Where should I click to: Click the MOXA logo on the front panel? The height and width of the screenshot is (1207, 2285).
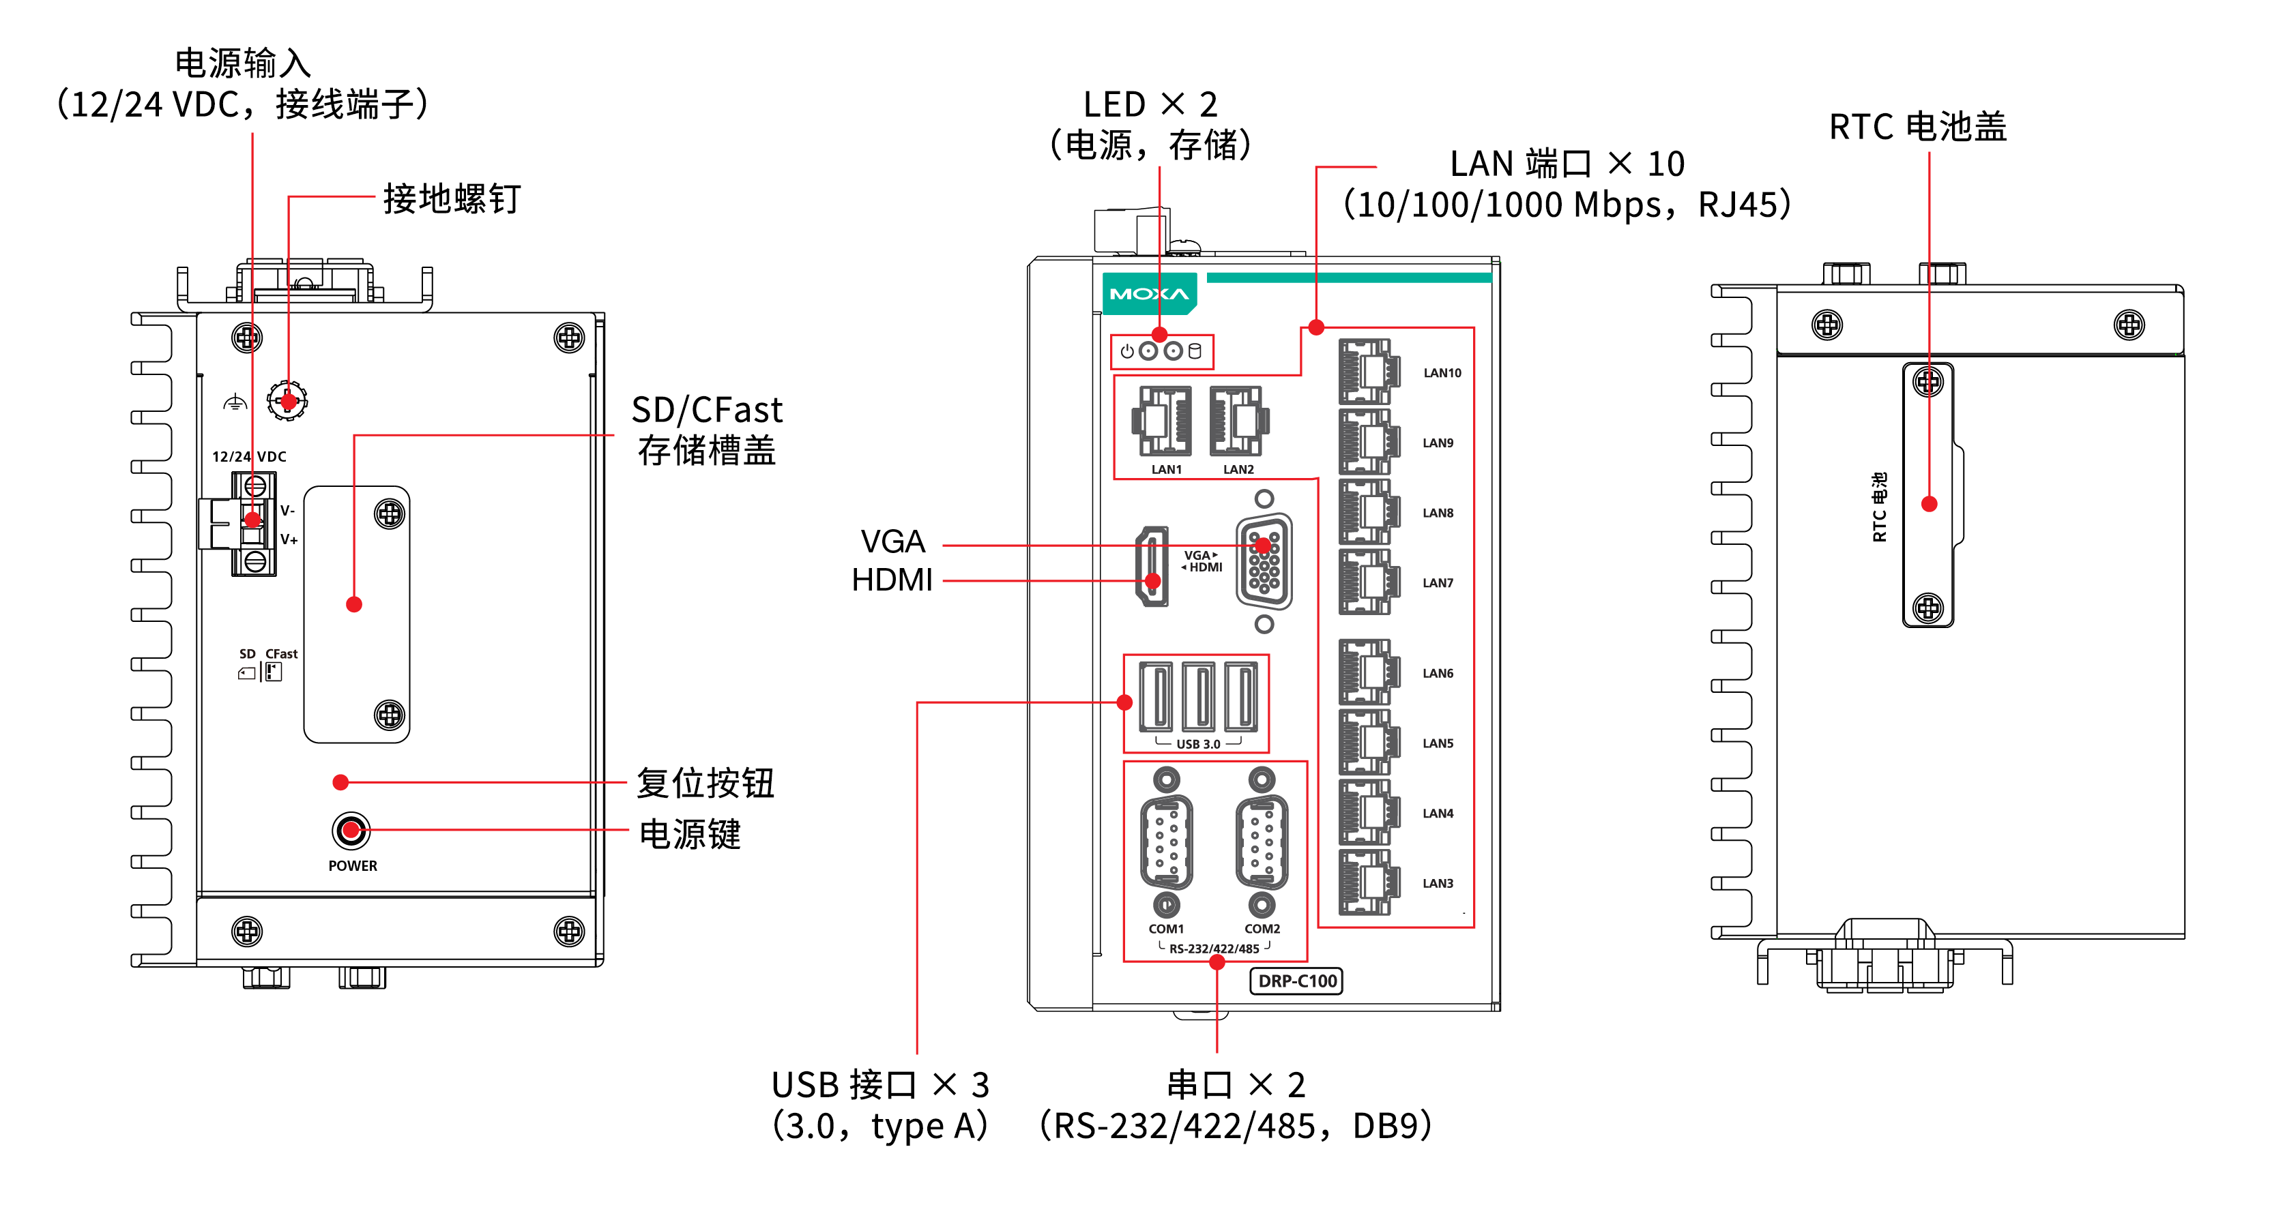(x=1149, y=293)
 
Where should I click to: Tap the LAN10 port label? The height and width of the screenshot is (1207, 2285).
(x=1442, y=372)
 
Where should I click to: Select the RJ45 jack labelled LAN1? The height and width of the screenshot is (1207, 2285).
(x=1161, y=421)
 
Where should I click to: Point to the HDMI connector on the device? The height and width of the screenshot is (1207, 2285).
(x=1152, y=567)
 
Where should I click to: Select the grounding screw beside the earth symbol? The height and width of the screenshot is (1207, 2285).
(x=287, y=401)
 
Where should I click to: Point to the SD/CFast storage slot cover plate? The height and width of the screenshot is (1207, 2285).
(x=357, y=614)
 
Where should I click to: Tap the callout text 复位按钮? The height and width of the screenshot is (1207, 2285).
(x=705, y=783)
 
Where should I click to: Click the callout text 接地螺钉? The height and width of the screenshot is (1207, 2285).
(x=452, y=198)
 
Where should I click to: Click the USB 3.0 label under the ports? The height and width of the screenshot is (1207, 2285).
(x=1197, y=744)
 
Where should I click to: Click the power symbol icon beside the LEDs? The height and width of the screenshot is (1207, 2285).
(x=1126, y=351)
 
